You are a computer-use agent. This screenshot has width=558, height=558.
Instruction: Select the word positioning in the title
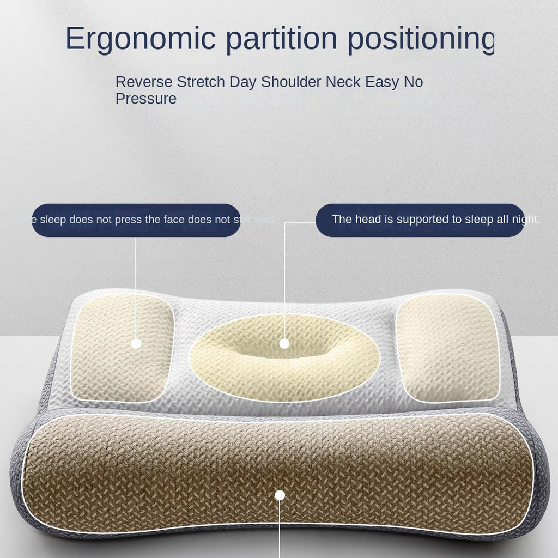point(421,39)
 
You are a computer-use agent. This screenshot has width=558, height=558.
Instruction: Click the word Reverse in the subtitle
point(144,82)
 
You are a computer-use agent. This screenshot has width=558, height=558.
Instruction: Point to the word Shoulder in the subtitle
point(291,82)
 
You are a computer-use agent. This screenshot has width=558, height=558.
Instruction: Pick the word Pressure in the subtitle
point(146,99)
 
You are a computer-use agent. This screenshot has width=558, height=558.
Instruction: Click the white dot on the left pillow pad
point(136,343)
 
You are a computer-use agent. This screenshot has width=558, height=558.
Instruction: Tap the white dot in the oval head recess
point(284,343)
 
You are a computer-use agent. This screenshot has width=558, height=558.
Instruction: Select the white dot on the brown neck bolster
point(280,495)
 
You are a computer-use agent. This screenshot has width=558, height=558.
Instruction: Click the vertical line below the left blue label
point(136,283)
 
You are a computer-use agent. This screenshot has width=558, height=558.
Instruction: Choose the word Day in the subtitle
point(242,82)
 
